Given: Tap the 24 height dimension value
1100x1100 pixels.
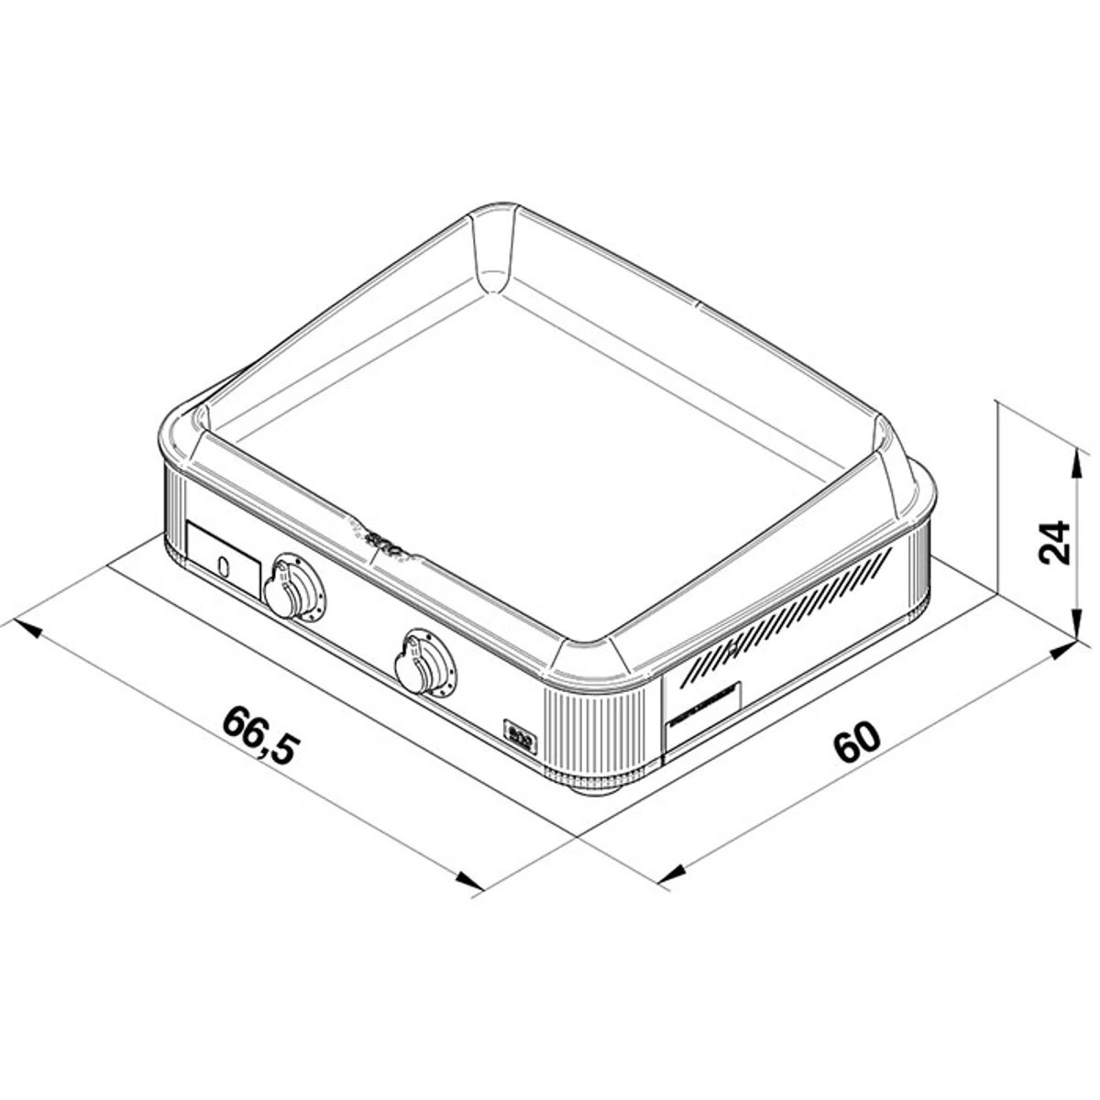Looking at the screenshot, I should (x=1055, y=544).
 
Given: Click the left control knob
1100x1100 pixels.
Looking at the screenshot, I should (x=291, y=588).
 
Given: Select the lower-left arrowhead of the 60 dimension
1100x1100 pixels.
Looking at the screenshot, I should (x=674, y=875).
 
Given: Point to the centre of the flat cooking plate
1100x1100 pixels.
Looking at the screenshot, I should (x=550, y=431).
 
